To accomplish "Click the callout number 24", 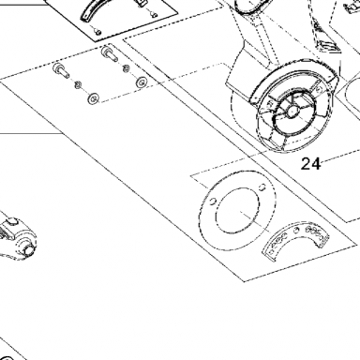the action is click(311, 164).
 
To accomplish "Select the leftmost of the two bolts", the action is click(61, 69).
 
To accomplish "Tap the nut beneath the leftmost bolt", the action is click(78, 84).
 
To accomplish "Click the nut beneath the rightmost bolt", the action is click(127, 67).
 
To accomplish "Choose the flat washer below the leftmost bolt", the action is click(93, 98).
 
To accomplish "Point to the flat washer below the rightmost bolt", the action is click(142, 82).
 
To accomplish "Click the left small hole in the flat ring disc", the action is click(213, 201).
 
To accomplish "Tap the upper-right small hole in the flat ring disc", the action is click(262, 187).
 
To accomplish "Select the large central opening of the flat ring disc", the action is click(237, 210).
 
